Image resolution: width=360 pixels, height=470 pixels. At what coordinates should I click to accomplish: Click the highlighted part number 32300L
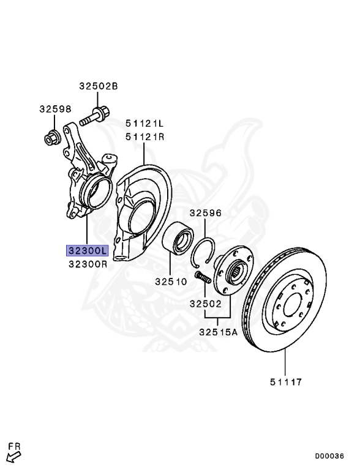(88, 250)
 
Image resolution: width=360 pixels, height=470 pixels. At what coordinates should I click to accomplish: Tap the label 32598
(55, 109)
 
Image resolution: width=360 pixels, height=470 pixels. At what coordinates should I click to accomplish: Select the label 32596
(205, 214)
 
